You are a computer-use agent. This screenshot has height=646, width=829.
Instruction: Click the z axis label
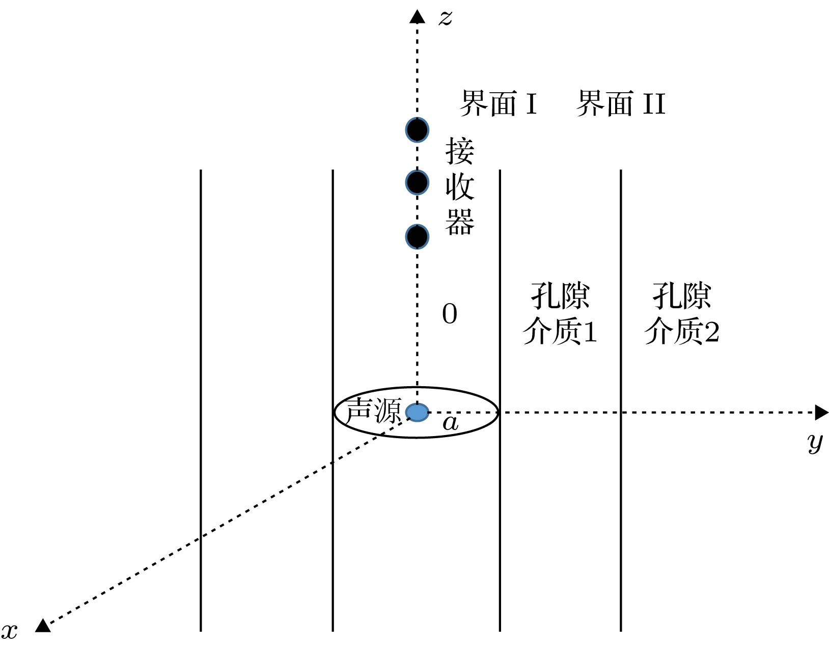click(x=445, y=17)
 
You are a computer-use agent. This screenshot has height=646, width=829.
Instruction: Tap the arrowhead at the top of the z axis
click(x=417, y=16)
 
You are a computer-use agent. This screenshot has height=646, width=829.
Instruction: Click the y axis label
click(x=815, y=443)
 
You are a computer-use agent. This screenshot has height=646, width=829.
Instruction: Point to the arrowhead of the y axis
click(x=821, y=413)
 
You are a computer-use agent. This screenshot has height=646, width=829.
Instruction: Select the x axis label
click(x=9, y=632)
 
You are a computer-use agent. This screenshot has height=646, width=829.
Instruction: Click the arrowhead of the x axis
click(x=43, y=626)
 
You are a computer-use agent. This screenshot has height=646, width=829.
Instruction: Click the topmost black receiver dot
click(x=417, y=130)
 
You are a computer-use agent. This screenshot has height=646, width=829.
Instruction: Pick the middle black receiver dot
click(x=417, y=183)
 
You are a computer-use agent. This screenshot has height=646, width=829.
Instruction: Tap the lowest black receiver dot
click(x=417, y=237)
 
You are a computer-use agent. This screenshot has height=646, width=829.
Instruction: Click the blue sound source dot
click(x=417, y=413)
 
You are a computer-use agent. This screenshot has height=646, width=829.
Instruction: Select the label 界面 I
click(x=499, y=103)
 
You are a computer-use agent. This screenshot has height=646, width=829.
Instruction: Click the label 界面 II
click(x=621, y=103)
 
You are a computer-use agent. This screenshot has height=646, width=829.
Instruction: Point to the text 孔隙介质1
click(x=560, y=313)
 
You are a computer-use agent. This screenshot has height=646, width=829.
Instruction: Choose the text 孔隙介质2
click(x=682, y=313)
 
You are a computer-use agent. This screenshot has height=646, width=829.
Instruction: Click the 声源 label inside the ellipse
click(x=373, y=411)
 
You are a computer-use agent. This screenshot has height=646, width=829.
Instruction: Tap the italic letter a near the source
click(x=450, y=423)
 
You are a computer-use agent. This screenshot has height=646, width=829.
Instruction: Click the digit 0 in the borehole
click(x=450, y=314)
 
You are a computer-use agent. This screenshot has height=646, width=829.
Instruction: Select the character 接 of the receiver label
click(x=460, y=151)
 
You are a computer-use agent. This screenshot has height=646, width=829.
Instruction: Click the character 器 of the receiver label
click(x=460, y=222)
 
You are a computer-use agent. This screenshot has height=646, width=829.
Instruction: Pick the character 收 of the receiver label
click(x=460, y=186)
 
